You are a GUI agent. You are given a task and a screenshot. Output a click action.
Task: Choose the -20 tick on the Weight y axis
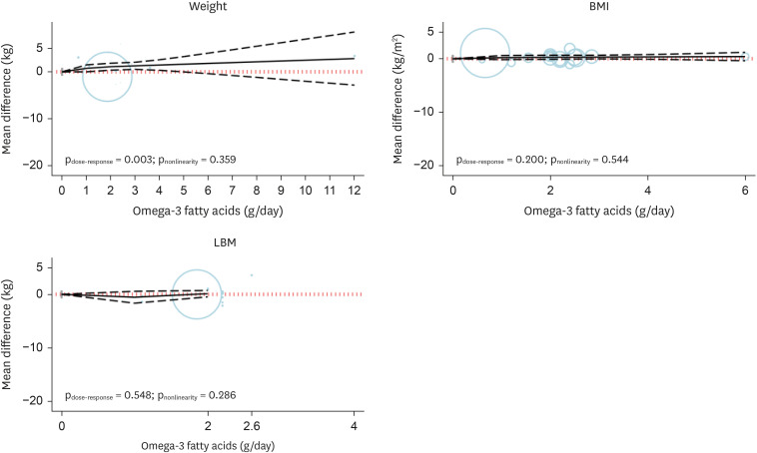click(38, 165)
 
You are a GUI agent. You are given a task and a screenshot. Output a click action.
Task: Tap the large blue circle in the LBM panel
click(197, 293)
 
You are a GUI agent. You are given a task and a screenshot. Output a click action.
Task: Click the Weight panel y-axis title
click(9, 96)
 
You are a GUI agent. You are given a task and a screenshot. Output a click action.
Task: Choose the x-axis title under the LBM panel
click(208, 445)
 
